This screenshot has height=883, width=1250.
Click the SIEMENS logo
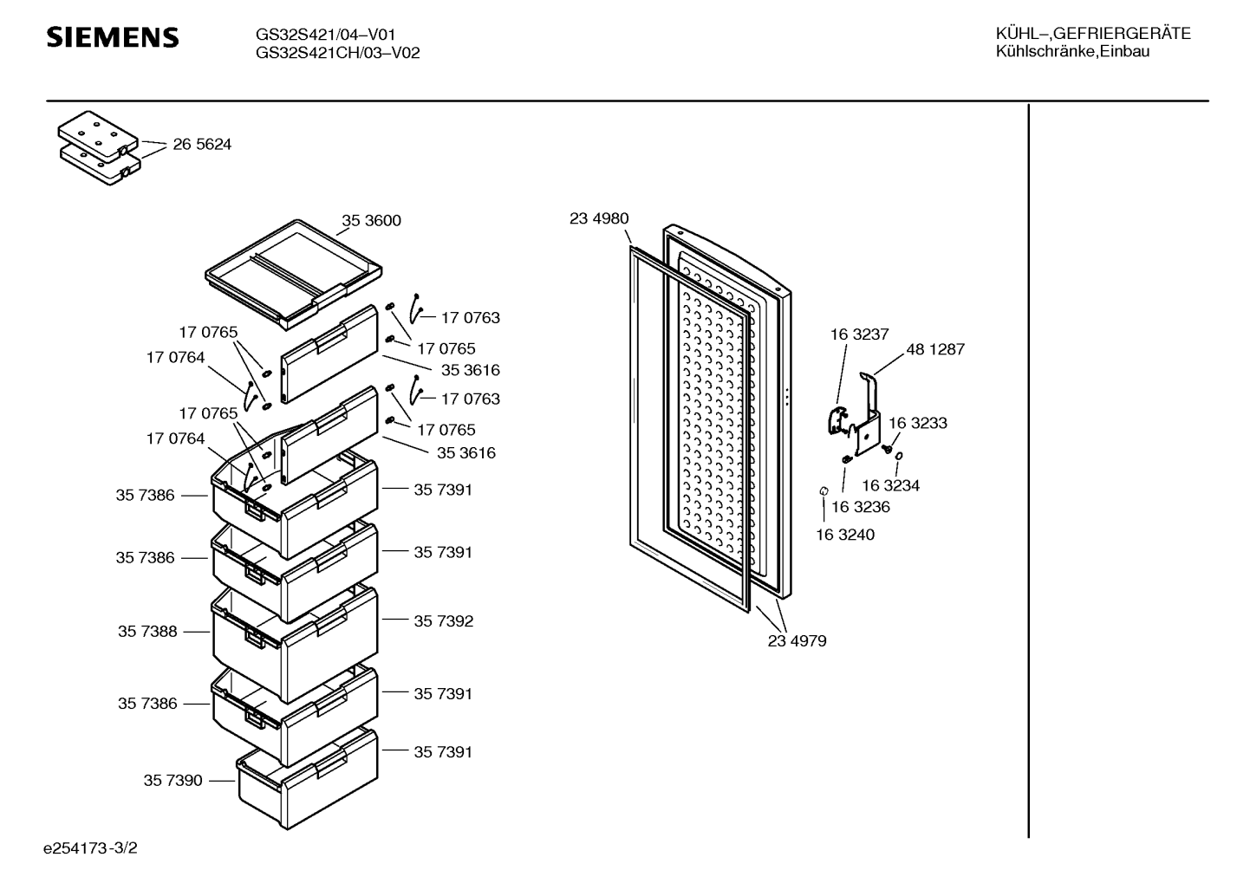click(x=113, y=37)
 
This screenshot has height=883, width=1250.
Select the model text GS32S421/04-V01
click(x=325, y=35)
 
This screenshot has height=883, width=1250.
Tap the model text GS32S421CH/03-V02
click(x=337, y=53)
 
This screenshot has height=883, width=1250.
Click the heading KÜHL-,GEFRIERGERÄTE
click(x=1093, y=34)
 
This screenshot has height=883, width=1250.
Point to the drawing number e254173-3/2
click(x=90, y=848)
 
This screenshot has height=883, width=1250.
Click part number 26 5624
click(x=202, y=145)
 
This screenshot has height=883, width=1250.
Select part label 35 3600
click(x=371, y=220)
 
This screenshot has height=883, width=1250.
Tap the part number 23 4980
click(x=599, y=218)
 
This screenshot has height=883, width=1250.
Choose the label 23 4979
click(x=797, y=641)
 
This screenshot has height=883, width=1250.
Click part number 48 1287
click(x=935, y=349)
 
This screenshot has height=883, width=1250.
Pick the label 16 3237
click(x=859, y=334)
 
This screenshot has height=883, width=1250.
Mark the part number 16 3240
click(x=845, y=535)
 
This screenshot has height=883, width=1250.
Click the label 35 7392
click(x=444, y=620)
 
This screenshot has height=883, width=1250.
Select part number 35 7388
click(x=147, y=631)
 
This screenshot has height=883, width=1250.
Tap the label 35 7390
click(x=173, y=780)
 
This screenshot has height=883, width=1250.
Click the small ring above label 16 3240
click(x=824, y=490)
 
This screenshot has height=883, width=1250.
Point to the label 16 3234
click(x=890, y=485)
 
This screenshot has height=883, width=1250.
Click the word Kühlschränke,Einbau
click(x=1072, y=52)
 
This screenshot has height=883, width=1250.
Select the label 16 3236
click(x=861, y=506)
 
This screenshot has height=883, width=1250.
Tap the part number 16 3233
click(x=918, y=423)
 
